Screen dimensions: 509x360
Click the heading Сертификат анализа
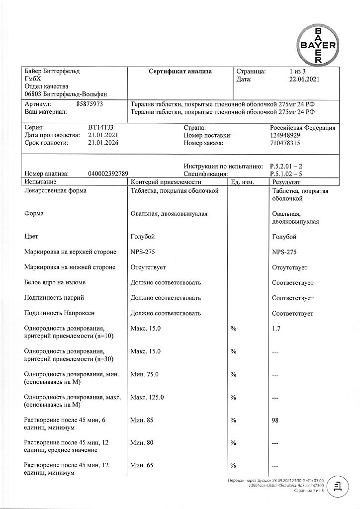[x=180, y=72]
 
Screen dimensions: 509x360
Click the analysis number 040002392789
[x=108, y=174]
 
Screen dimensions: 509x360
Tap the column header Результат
[x=287, y=183]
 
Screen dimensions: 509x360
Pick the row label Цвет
[x=31, y=237]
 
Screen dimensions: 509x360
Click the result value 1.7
[x=277, y=329]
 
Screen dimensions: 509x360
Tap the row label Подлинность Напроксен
[x=59, y=314]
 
